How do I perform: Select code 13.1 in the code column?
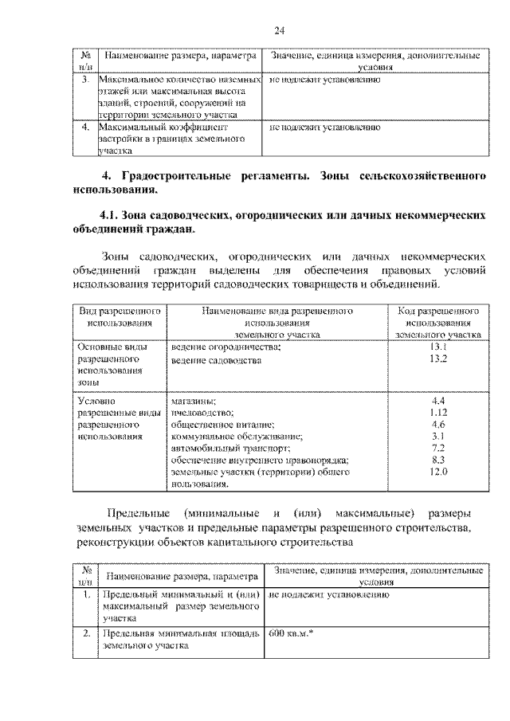click(x=437, y=348)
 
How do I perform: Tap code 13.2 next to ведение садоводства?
click(x=437, y=359)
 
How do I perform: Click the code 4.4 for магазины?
click(x=437, y=401)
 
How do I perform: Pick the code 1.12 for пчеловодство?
click(x=437, y=413)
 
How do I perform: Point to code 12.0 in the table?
click(x=437, y=472)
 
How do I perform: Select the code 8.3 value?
click(x=437, y=460)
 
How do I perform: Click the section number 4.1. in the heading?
click(x=113, y=215)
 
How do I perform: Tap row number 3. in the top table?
click(x=85, y=80)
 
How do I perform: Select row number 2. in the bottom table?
click(x=85, y=634)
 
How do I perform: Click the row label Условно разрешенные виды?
click(x=117, y=413)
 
